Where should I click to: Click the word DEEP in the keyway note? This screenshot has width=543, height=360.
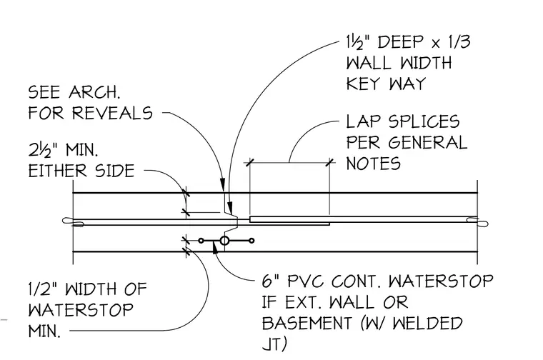[400, 42]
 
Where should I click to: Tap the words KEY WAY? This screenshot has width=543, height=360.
[386, 84]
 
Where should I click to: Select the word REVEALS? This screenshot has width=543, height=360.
[113, 113]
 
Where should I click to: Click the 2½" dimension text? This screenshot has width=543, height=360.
[42, 150]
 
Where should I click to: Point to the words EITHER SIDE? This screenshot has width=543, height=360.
[81, 171]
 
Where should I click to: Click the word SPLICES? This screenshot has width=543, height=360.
[424, 122]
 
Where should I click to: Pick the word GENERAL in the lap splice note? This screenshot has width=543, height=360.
[427, 143]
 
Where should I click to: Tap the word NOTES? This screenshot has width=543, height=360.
[373, 164]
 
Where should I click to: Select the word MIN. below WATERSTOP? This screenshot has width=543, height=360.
[44, 331]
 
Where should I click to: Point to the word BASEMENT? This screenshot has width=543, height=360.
[306, 324]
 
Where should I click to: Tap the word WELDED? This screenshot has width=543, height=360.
[428, 324]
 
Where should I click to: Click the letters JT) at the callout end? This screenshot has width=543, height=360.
[274, 344]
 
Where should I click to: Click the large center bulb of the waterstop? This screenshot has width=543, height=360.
[224, 240]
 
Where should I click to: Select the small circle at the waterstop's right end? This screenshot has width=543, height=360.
[251, 240]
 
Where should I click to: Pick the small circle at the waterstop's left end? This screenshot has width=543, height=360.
[201, 240]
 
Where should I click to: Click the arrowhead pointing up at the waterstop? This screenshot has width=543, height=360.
[215, 248]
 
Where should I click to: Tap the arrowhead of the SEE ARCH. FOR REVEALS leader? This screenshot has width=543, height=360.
[223, 184]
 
